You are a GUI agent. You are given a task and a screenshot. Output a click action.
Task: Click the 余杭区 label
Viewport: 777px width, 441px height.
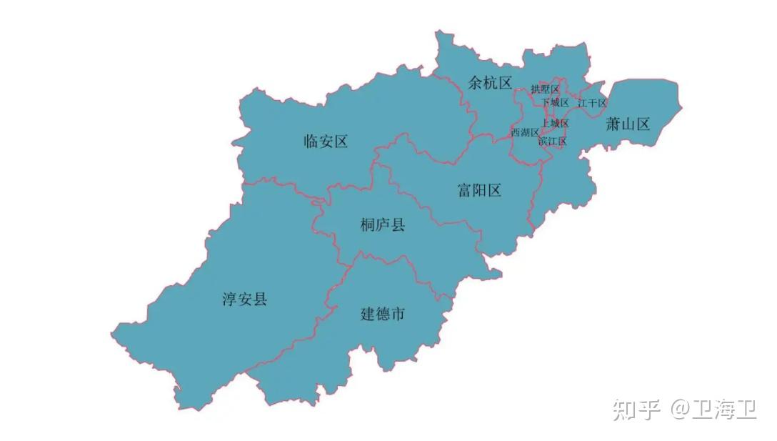tap(490, 82)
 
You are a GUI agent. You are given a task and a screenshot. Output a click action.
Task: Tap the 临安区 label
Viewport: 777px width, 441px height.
tap(326, 141)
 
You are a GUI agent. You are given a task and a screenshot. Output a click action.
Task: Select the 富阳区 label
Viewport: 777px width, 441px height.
tap(479, 189)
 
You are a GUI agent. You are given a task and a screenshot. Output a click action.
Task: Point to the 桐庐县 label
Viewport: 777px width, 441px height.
tap(383, 225)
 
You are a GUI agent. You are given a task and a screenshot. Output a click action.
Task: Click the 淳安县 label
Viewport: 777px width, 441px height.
tap(244, 299)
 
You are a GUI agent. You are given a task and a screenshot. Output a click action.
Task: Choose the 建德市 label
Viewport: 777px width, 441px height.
tap(382, 313)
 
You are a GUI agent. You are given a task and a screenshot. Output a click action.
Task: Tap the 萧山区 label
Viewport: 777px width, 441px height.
tap(628, 124)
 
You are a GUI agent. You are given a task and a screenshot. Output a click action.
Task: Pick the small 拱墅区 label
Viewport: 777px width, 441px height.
tap(545, 89)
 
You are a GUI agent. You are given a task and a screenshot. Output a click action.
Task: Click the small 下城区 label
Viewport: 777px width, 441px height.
tap(555, 102)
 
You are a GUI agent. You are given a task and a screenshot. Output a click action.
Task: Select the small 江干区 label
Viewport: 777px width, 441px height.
tap(592, 103)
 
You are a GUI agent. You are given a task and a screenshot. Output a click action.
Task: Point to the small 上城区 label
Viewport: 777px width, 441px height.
tap(555, 123)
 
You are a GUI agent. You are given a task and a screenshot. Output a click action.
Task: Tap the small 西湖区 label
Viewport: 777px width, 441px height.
tap(525, 132)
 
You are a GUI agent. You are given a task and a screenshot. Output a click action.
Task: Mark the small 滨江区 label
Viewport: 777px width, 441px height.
tap(552, 141)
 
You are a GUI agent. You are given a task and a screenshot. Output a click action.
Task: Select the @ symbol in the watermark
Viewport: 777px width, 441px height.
tap(678, 409)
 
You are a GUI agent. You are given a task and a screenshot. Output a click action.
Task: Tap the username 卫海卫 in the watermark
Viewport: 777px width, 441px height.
tap(724, 409)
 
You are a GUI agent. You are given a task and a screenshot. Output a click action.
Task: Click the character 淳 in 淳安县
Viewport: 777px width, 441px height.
tap(229, 299)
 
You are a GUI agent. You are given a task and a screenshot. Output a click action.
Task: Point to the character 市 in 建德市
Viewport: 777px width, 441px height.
tap(398, 313)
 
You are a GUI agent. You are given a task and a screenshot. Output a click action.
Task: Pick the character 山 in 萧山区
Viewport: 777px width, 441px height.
tap(628, 124)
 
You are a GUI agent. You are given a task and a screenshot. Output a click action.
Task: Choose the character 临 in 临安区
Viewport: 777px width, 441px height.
tap(311, 141)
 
